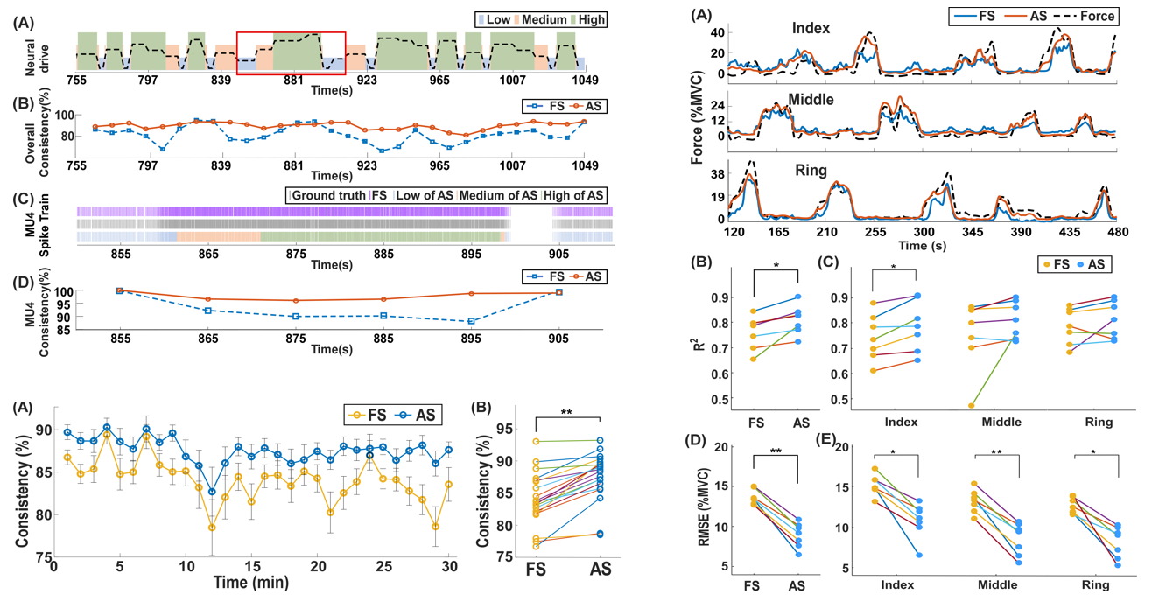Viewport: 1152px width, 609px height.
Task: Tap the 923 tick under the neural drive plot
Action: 366,80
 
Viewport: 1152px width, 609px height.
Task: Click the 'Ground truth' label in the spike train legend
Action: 328,195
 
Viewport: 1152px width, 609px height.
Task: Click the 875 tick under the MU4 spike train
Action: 296,254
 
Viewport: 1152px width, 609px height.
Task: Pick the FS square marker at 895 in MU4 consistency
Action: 471,321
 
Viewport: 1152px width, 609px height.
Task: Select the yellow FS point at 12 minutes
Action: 212,527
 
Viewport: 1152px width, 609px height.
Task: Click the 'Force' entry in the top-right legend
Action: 1097,16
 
